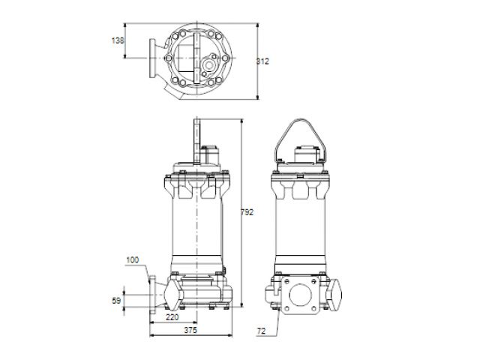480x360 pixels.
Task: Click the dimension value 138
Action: point(118,40)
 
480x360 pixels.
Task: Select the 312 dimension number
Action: point(262,61)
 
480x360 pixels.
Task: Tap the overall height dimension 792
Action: point(247,212)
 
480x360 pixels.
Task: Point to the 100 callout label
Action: point(133,260)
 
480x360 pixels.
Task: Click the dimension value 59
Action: point(116,301)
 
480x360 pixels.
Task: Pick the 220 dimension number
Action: point(172,317)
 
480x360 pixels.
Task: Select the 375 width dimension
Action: point(190,330)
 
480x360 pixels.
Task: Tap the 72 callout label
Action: point(261,331)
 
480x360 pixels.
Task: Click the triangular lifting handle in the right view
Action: point(300,120)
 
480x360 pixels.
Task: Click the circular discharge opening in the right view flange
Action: point(300,295)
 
